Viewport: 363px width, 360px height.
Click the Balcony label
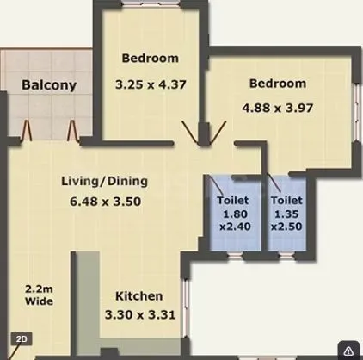coord(49,85)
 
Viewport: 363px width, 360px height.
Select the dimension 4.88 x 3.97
coord(278,109)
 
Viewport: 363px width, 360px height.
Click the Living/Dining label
coord(104,182)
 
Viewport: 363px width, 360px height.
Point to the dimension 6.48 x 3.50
coord(104,202)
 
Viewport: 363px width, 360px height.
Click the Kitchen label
coord(140,295)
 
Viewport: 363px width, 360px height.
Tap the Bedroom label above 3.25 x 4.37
coord(150,59)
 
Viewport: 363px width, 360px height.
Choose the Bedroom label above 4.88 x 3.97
coord(277,84)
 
